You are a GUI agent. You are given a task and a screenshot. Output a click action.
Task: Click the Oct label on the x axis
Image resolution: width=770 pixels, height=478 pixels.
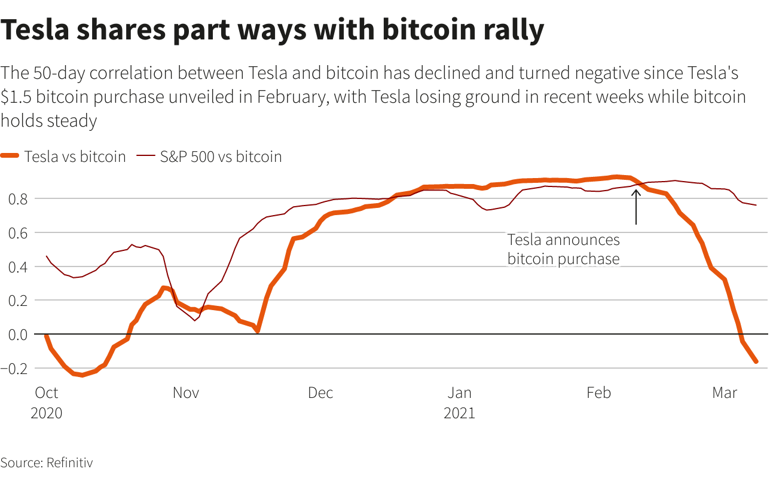[x=46, y=393]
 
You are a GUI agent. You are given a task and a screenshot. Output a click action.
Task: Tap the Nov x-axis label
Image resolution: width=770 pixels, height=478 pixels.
[x=186, y=393]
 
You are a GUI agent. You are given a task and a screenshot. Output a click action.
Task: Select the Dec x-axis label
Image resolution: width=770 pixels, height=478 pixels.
[x=320, y=393]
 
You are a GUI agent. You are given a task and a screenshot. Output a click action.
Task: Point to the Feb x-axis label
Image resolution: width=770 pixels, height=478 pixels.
[x=598, y=393]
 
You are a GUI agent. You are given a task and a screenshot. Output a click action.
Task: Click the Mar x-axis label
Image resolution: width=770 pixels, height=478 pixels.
[x=725, y=393]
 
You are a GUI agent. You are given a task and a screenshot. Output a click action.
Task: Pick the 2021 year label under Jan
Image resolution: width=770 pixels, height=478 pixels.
[x=459, y=413]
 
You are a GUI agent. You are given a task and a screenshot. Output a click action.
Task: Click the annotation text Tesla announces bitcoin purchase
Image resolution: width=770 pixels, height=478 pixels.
[x=563, y=249]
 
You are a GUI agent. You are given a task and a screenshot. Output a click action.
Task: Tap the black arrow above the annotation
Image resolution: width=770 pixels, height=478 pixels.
[x=636, y=206]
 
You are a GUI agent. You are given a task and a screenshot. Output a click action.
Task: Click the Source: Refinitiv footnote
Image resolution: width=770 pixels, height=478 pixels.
[x=47, y=462]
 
